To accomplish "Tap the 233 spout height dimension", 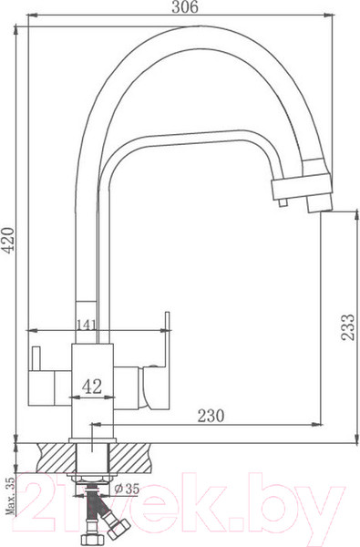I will [x=348, y=322].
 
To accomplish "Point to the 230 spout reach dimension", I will [x=211, y=415].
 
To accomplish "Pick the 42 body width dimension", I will [x=92, y=386].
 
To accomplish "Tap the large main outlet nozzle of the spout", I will [x=318, y=195].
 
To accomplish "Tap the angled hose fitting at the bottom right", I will [x=117, y=524].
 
